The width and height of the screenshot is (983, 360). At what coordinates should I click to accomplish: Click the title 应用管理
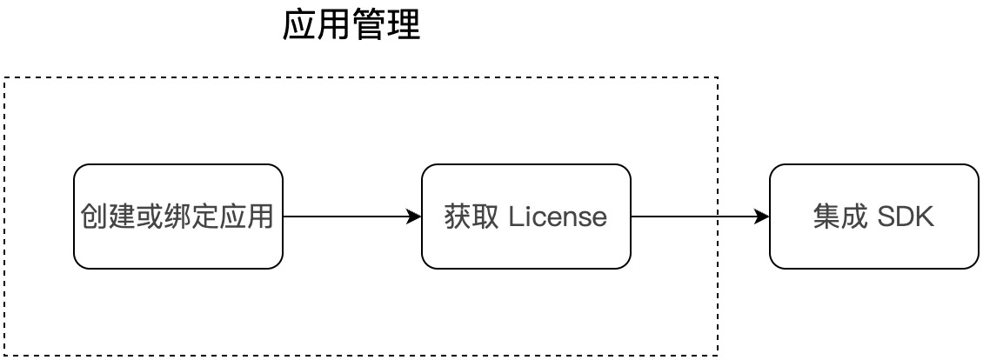[351, 27]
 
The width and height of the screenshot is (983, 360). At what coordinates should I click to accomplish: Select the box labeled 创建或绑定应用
[178, 217]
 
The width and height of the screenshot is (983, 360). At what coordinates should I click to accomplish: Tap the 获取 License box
[526, 217]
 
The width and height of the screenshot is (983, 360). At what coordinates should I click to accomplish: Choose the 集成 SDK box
[874, 217]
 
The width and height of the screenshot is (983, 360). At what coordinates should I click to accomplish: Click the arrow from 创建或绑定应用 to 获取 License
[348, 217]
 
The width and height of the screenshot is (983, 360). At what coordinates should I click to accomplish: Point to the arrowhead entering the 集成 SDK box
[763, 217]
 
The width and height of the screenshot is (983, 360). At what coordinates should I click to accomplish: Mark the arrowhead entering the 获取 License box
[415, 217]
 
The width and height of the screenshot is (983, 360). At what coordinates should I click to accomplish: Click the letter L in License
[515, 217]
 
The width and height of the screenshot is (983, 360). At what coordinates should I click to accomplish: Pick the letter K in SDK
[925, 217]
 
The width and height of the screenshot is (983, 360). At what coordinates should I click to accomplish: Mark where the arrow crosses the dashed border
[718, 217]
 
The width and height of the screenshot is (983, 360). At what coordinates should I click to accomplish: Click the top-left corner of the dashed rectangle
[5, 78]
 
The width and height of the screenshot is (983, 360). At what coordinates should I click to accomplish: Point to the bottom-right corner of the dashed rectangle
[718, 355]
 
